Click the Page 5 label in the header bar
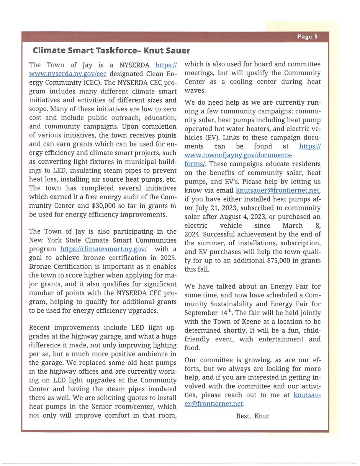pyautogui.click(x=308, y=37)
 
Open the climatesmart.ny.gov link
pyautogui.click(x=103, y=249)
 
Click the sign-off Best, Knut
pyautogui.click(x=252, y=416)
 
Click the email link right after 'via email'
pyautogui.click(x=277, y=190)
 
